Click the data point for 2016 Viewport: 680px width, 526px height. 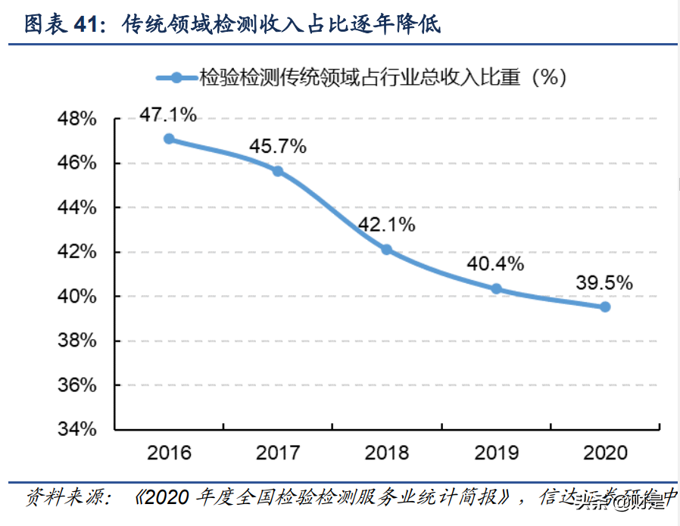pyautogui.click(x=169, y=139)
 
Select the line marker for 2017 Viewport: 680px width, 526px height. pyautogui.click(x=278, y=171)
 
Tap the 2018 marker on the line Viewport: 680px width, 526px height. pyautogui.click(x=386, y=250)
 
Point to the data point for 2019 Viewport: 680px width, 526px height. pyautogui.click(x=496, y=288)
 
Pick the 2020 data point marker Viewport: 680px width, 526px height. pyautogui.click(x=605, y=307)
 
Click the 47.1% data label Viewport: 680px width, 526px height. pyautogui.click(x=168, y=115)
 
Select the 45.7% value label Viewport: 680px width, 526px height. pyautogui.click(x=278, y=146)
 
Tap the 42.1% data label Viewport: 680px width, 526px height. pyautogui.click(x=387, y=225)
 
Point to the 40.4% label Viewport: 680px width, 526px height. pyautogui.click(x=496, y=263)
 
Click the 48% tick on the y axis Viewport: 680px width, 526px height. pyautogui.click(x=76, y=120)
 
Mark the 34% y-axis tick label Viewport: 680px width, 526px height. pyautogui.click(x=76, y=429)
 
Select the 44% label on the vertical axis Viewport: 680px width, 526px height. pyautogui.click(x=76, y=208)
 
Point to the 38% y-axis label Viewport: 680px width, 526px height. pyautogui.click(x=76, y=341)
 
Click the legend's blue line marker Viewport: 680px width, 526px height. pyautogui.click(x=176, y=77)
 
